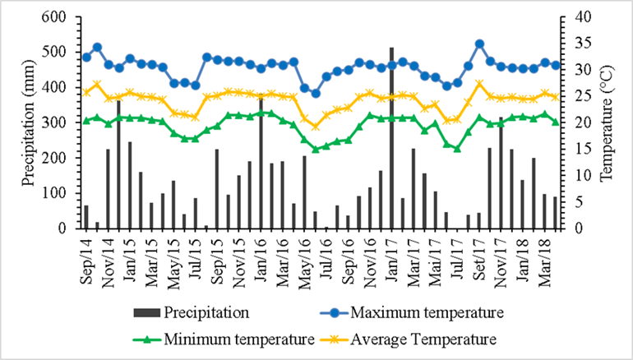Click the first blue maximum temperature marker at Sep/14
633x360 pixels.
click(86, 57)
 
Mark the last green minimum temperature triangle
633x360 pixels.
click(555, 122)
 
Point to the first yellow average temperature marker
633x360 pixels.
click(86, 92)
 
